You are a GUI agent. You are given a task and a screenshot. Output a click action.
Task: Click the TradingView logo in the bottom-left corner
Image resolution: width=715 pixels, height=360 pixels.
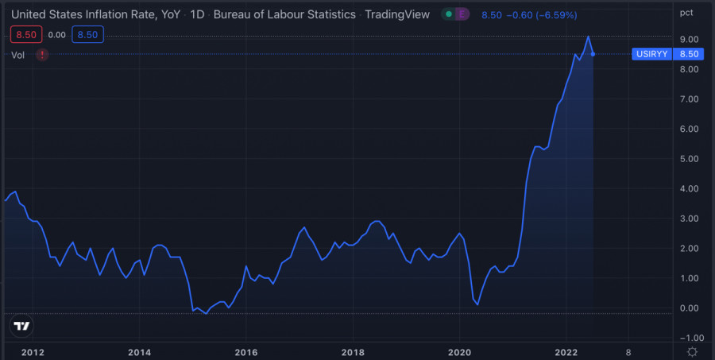pyautogui.click(x=22, y=326)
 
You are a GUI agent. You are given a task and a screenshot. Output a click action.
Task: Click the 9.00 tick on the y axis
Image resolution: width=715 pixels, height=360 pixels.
pyautogui.click(x=688, y=40)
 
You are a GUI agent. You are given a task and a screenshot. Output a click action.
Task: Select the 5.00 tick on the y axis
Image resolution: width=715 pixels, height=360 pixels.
pyautogui.click(x=688, y=159)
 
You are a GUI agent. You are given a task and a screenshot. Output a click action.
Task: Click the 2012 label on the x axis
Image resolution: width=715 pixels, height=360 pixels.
pyautogui.click(x=32, y=351)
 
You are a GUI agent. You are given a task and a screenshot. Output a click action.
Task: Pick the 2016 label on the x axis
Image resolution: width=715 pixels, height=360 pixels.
pyautogui.click(x=245, y=351)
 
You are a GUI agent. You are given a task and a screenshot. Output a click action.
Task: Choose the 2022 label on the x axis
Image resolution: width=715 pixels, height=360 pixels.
pyautogui.click(x=566, y=351)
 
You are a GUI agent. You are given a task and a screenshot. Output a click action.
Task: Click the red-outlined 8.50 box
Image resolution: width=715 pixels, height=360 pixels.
pyautogui.click(x=25, y=34)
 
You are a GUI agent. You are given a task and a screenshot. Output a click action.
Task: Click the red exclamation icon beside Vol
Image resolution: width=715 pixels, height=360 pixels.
pyautogui.click(x=42, y=55)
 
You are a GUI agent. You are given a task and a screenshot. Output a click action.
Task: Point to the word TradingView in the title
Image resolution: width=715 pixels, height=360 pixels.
pyautogui.click(x=396, y=14)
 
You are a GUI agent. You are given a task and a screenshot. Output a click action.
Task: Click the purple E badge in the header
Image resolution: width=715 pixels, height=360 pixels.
pyautogui.click(x=462, y=14)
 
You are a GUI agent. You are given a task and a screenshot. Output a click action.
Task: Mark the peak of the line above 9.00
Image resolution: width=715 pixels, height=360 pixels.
pyautogui.click(x=588, y=37)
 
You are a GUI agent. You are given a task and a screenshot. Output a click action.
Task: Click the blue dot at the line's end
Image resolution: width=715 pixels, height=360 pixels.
pyautogui.click(x=593, y=54)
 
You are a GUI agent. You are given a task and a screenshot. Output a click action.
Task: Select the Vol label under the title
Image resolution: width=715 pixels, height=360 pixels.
pyautogui.click(x=18, y=55)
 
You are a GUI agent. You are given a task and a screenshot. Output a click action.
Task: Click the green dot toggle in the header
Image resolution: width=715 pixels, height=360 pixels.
pyautogui.click(x=449, y=14)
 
